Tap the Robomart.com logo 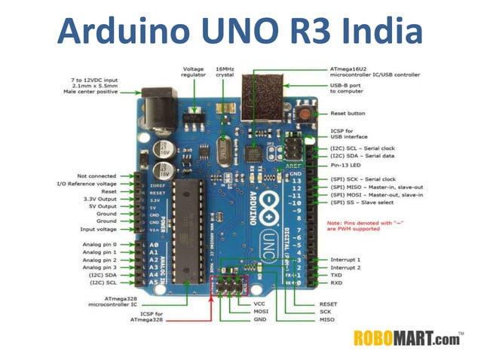(x=410, y=337)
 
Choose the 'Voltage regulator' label (x=195, y=73)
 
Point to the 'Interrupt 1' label (x=345, y=260)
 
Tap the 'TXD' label (x=337, y=276)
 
